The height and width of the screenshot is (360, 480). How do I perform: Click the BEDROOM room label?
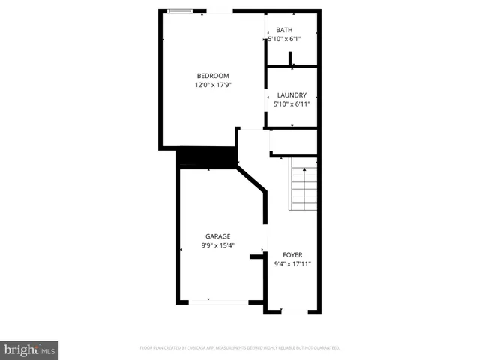tap(213, 76)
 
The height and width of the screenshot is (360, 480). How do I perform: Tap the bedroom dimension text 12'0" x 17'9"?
tap(213, 85)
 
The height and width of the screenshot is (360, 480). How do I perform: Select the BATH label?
tap(284, 30)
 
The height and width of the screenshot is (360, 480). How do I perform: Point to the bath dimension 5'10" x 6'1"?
tap(284, 39)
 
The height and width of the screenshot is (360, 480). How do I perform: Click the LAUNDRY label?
tap(292, 95)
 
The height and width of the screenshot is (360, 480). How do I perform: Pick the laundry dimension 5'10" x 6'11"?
tap(292, 104)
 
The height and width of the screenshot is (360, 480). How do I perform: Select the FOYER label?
tap(292, 255)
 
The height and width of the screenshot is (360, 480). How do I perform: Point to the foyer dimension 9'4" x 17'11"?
tap(292, 264)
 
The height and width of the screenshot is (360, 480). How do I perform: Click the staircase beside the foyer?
tap(304, 187)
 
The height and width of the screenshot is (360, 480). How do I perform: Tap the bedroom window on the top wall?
tap(178, 10)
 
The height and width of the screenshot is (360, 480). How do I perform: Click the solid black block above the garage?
tap(206, 157)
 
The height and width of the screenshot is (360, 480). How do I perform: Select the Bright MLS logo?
tap(30, 349)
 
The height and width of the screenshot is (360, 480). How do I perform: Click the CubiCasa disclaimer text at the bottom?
tap(240, 348)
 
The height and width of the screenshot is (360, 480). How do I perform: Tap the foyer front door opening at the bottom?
tap(294, 311)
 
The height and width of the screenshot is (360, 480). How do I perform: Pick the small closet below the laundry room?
tap(294, 142)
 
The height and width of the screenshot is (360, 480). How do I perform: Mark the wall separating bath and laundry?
tap(292, 67)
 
